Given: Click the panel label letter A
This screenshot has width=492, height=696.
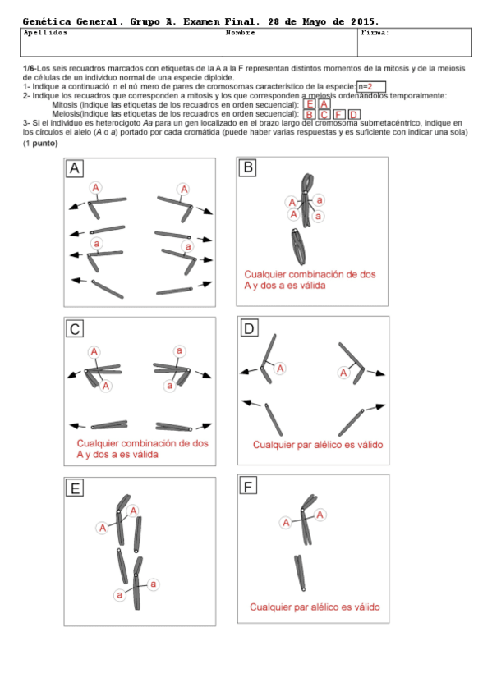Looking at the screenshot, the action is [x=75, y=169].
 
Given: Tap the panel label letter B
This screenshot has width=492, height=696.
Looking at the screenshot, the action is [x=248, y=167].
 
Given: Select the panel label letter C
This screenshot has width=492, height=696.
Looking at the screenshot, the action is [x=75, y=329].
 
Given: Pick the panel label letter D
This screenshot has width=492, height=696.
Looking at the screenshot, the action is [x=249, y=328].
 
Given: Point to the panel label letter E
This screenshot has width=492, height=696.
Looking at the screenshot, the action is [x=75, y=488].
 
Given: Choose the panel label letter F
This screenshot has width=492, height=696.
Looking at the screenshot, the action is [x=248, y=487].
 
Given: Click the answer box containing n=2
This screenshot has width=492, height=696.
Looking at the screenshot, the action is [x=371, y=86].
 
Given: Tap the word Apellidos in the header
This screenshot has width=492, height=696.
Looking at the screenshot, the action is [x=45, y=32].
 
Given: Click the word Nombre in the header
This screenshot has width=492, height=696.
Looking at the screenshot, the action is [x=240, y=32].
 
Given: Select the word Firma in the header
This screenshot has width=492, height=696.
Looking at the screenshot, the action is [x=375, y=32].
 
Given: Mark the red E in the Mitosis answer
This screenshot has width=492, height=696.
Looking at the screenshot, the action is [x=310, y=104].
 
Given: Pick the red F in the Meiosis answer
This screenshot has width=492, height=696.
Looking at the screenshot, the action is [x=338, y=115].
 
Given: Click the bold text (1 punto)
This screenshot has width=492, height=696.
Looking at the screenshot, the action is [x=40, y=144].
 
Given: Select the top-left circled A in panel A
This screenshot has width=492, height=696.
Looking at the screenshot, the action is [x=95, y=188].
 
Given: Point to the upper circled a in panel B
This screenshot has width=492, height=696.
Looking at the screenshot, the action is [x=320, y=200].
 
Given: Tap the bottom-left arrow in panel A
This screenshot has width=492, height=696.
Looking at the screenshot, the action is [x=79, y=281].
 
